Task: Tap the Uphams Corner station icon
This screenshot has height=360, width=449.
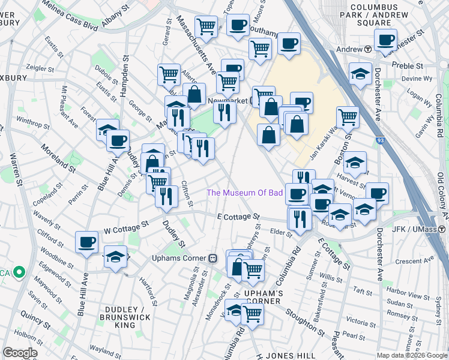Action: point(212,258)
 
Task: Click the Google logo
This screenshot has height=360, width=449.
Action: point(20,353)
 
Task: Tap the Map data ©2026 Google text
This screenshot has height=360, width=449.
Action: point(412,355)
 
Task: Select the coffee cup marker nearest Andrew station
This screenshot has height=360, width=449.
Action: point(385,40)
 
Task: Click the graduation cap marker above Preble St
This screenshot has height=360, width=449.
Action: point(360,74)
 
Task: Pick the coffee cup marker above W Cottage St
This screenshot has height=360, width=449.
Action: point(86,242)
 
